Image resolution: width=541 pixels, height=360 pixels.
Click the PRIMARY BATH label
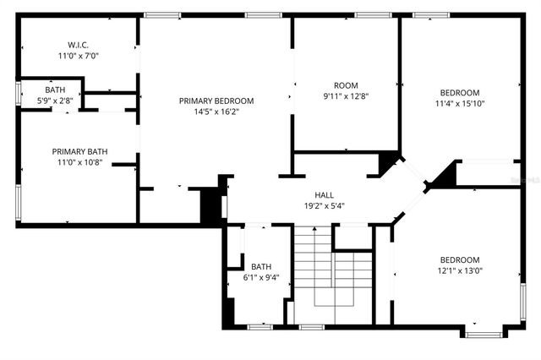[x=79, y=151]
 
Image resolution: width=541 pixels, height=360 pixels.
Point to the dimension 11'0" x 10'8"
[x=79, y=162]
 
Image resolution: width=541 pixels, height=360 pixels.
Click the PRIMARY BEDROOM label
[x=216, y=101]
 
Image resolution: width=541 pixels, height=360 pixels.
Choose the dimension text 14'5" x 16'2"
[x=216, y=112]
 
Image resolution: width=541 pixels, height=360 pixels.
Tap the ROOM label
[x=346, y=85]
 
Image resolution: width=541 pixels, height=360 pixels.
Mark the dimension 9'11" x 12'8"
[x=346, y=96]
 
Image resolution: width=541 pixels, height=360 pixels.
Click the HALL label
[x=325, y=194]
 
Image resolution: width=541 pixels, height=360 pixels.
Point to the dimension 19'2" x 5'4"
[x=325, y=205]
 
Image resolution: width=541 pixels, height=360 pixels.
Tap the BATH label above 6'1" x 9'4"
[x=261, y=266]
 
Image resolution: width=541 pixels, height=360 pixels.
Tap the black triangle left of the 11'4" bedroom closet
[x=441, y=176]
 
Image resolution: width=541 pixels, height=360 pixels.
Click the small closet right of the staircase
[x=353, y=237]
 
